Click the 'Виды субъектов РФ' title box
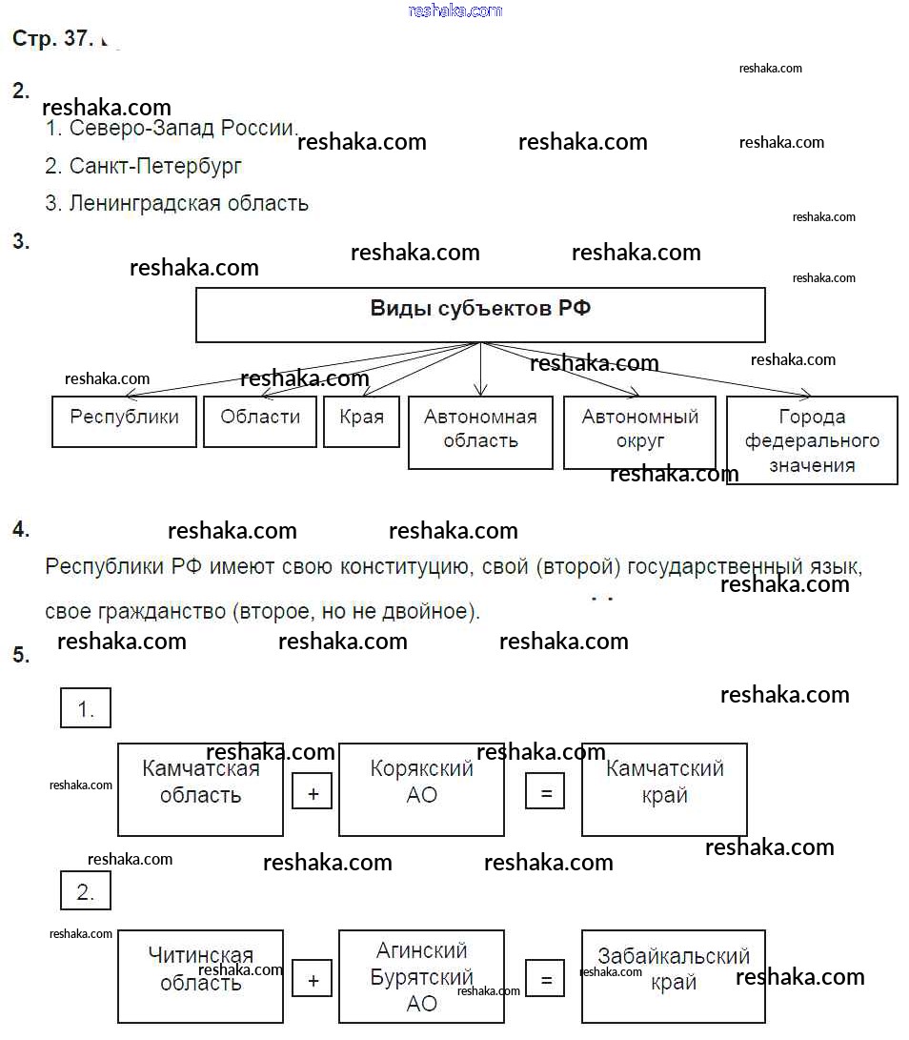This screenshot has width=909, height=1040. tap(480, 315)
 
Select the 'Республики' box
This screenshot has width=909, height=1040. tap(124, 421)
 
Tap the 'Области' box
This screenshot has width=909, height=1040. tap(260, 421)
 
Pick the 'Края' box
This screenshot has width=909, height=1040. tap(361, 421)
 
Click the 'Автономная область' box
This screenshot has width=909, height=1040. tap(480, 432)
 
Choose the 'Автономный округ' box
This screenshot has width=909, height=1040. tap(639, 432)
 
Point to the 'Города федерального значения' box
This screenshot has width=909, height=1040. tap(812, 440)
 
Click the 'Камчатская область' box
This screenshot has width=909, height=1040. tap(200, 789)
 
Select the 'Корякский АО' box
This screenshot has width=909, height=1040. tap(421, 789)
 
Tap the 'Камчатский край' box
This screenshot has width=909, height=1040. tap(664, 789)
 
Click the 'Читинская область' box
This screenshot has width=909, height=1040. tap(200, 976)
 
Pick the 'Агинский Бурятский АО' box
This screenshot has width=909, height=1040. tap(421, 976)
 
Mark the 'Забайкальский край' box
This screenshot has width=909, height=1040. tap(673, 976)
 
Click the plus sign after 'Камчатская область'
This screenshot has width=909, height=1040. tap(313, 792)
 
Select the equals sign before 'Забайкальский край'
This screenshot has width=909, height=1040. tap(545, 979)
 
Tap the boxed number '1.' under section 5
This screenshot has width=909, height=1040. tap(86, 708)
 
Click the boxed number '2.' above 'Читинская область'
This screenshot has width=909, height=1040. tap(86, 891)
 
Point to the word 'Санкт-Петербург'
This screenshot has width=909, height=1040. tap(155, 166)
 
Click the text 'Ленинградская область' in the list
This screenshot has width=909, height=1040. tap(189, 203)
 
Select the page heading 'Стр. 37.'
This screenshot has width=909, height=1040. tap(52, 39)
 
